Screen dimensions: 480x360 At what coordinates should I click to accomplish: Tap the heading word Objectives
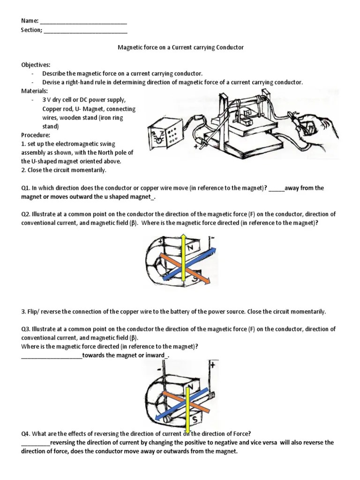pos(36,65)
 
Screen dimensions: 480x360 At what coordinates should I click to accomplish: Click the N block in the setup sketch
pos(246,114)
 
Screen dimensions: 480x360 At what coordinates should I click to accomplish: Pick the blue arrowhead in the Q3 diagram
pos(157,419)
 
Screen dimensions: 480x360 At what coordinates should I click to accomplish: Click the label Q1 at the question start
pos(25,188)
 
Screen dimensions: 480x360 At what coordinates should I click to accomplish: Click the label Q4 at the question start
pos(25,434)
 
